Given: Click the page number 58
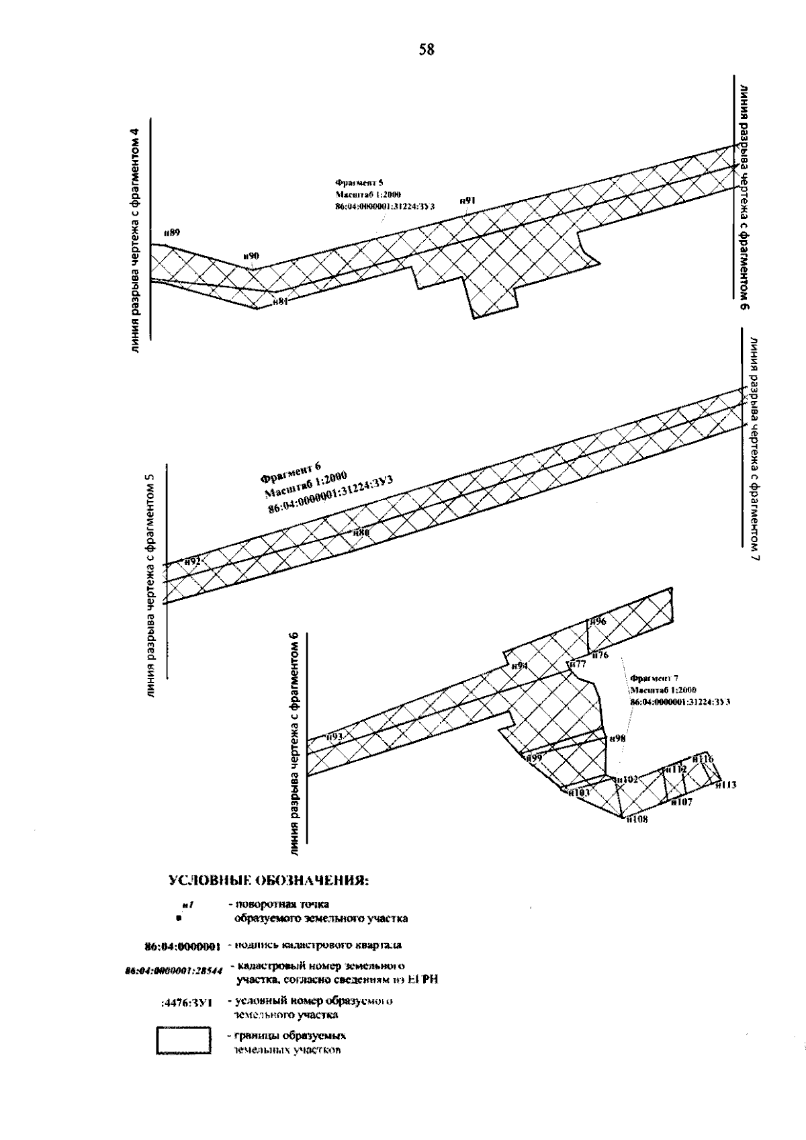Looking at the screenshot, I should [427, 49].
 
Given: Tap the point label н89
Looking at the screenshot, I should [172, 232].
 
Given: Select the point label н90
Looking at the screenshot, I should [251, 256].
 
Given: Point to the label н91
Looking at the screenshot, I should [468, 200].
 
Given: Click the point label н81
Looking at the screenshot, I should [280, 302].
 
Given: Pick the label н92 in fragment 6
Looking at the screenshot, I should [193, 561].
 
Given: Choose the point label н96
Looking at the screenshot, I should [598, 622].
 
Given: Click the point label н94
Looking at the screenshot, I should [519, 666].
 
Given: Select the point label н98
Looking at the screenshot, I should [617, 739].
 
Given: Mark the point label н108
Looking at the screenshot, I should [637, 819].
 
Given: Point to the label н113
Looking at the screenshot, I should [725, 784].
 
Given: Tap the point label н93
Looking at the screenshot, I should [334, 737].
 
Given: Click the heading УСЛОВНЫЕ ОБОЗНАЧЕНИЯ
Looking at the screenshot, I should [267, 881].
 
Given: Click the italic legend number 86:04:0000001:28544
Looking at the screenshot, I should [174, 972].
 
